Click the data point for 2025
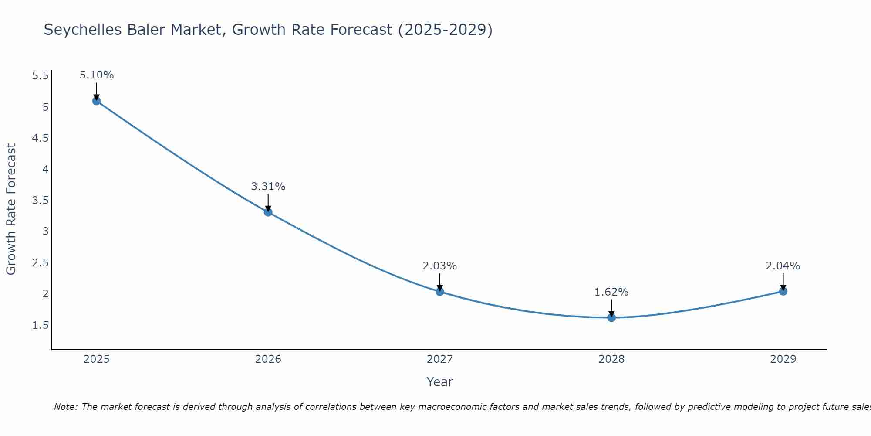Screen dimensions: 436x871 pos(97,101)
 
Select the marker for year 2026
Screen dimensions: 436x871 pos(268,212)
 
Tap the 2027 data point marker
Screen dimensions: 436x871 pos(440,292)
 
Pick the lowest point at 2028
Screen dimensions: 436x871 pos(611,317)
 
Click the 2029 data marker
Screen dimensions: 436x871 pos(783,291)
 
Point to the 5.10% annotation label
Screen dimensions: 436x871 pos(97,75)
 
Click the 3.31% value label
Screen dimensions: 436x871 pos(268,187)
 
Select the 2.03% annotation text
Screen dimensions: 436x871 pos(440,266)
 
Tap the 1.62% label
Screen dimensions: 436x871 pos(611,292)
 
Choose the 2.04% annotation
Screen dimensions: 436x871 pos(783,266)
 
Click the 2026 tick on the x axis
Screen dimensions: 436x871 pos(268,359)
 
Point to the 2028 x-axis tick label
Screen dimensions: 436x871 pos(611,359)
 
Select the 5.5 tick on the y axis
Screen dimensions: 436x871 pos(41,76)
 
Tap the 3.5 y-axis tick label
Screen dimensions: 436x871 pos(41,201)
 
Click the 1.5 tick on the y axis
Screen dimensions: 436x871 pos(41,325)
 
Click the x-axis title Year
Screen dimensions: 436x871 pos(440,382)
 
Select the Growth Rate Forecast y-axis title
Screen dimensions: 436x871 pos(11,209)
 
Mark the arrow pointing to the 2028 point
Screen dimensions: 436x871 pos(611,308)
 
